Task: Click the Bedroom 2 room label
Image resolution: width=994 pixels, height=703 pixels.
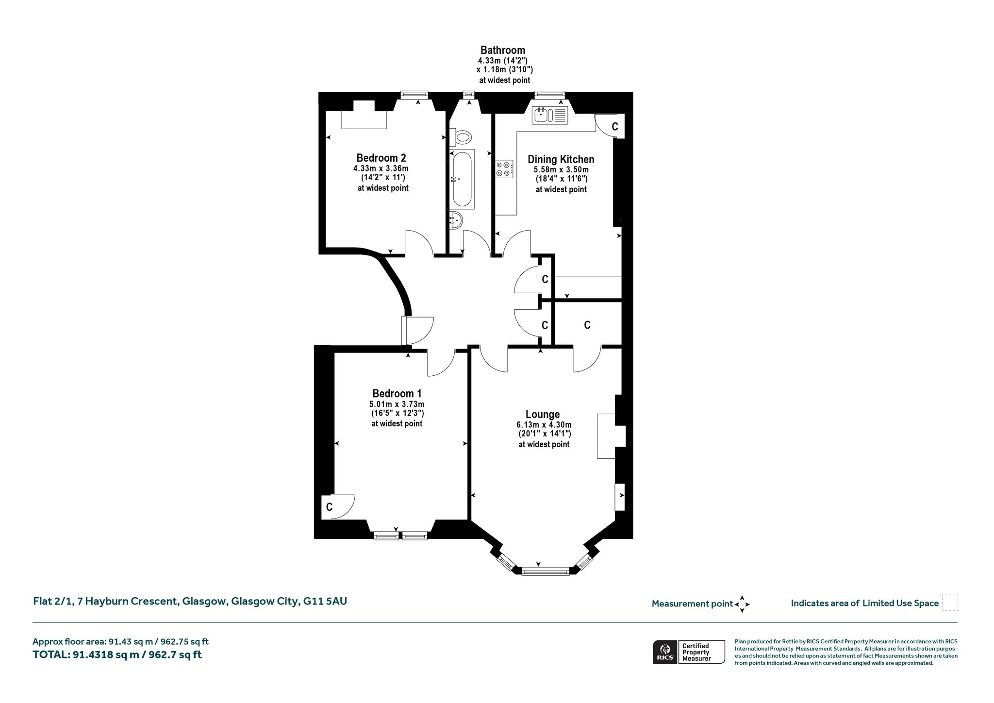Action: (381, 158)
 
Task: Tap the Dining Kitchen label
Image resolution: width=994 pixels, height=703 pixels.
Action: (561, 159)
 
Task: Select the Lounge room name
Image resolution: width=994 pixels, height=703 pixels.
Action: (543, 414)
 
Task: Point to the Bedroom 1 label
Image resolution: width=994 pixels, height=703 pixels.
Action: (397, 393)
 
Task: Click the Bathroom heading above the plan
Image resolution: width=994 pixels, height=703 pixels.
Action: (503, 50)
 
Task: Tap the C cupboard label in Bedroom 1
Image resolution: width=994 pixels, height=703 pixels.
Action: (329, 507)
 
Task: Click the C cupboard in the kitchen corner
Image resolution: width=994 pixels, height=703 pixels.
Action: (614, 127)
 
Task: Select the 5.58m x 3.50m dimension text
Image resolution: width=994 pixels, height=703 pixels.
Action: (561, 169)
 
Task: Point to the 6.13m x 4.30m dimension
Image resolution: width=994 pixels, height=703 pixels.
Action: (544, 425)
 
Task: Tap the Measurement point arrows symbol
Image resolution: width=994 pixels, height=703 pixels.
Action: (742, 604)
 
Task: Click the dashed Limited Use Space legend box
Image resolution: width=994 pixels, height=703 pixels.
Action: (950, 603)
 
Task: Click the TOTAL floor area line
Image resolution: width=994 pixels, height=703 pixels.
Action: (117, 654)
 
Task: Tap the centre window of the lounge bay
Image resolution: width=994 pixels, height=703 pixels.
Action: (545, 571)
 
